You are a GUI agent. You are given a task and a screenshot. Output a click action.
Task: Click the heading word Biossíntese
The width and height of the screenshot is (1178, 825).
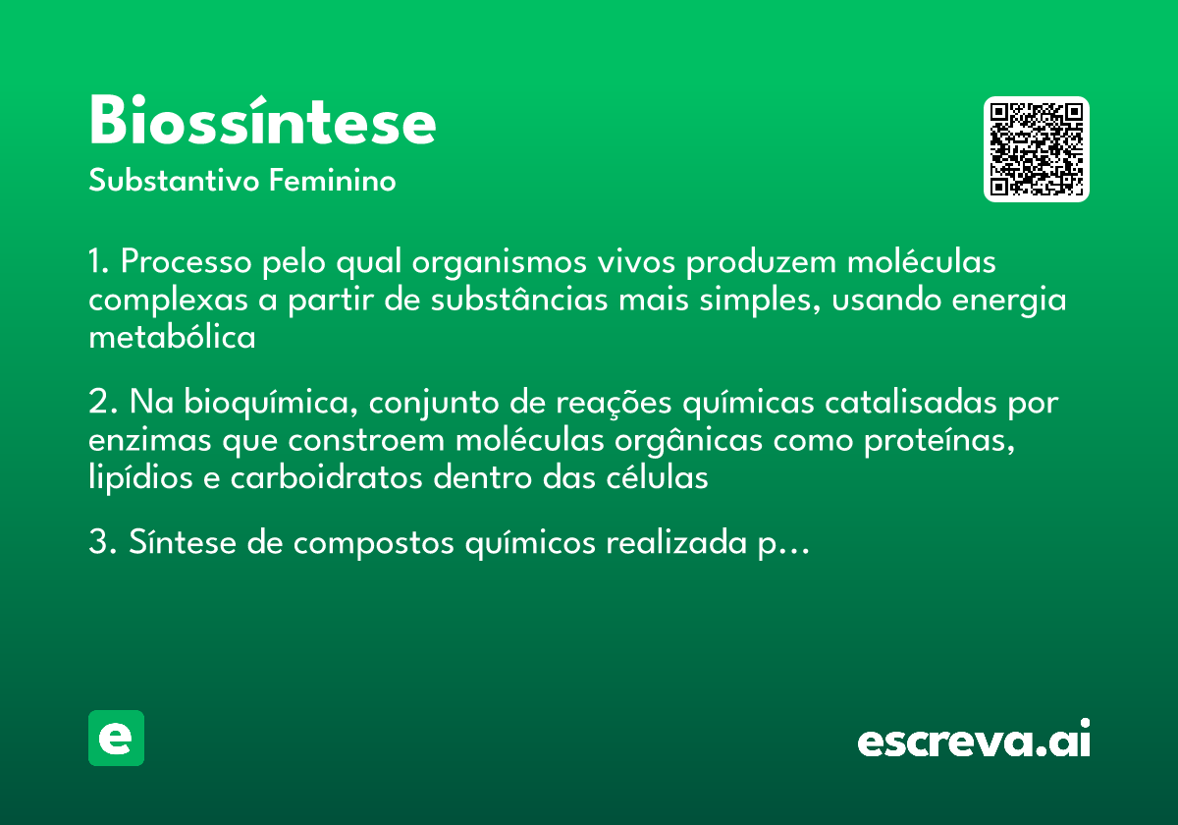[262, 123]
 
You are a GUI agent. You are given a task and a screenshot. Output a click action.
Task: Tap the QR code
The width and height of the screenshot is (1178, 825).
[1037, 149]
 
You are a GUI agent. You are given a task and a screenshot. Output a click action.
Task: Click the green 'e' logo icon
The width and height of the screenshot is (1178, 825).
[116, 738]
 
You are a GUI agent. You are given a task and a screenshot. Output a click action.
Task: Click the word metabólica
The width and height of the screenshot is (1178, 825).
[172, 338]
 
